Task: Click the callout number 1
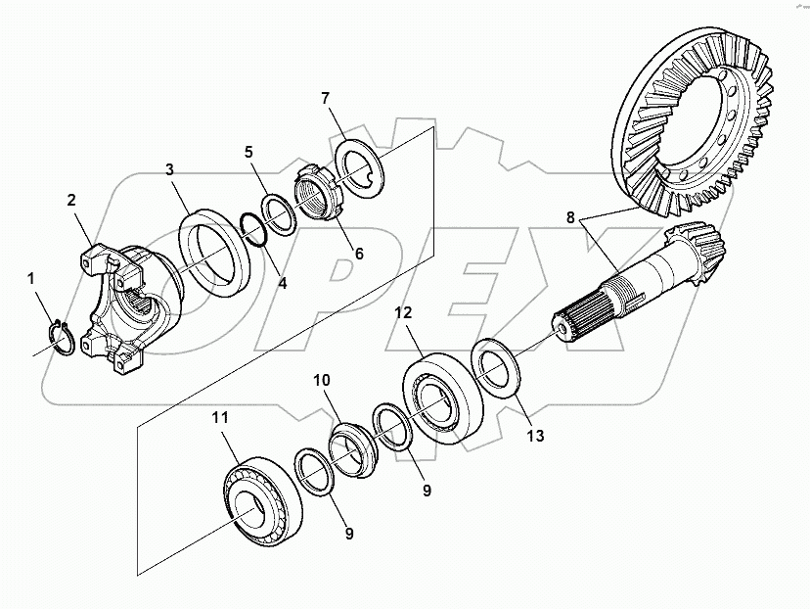click(31, 279)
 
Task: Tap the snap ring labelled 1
click(61, 337)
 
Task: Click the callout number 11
click(220, 417)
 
